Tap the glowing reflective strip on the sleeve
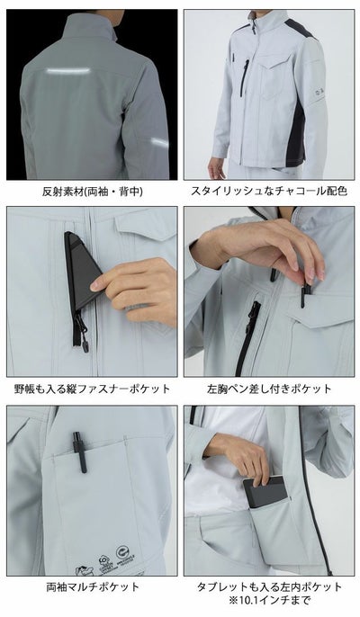tap(158, 142)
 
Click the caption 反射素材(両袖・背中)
tap(91, 192)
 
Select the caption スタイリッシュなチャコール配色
tap(268, 192)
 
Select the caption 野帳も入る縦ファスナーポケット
tap(91, 389)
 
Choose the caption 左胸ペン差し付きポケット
tap(268, 389)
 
